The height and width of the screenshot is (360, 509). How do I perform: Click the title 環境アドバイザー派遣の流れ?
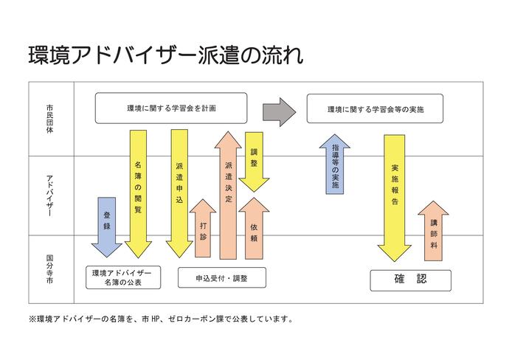pyautogui.click(x=165, y=56)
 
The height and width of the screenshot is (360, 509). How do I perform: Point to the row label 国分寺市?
pyautogui.click(x=49, y=269)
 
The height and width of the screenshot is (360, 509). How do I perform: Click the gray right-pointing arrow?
pyautogui.click(x=279, y=110)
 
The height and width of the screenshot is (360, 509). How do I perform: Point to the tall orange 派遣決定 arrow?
pyautogui.click(x=228, y=195)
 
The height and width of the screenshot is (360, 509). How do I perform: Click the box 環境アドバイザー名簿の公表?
pyautogui.click(x=122, y=277)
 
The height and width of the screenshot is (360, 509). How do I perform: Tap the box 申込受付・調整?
pyautogui.click(x=221, y=277)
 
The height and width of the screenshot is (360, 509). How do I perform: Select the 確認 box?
pyautogui.click(x=410, y=280)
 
